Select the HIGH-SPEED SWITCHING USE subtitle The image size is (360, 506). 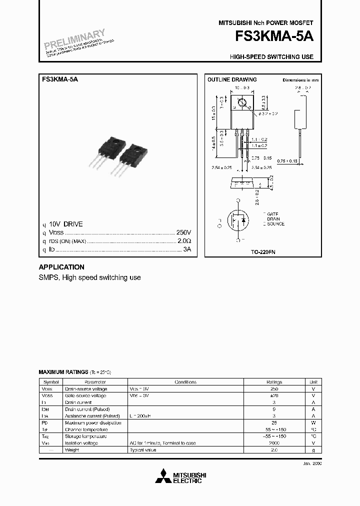click(271, 57)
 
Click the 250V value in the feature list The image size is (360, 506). click(183, 233)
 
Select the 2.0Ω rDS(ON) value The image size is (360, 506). click(184, 241)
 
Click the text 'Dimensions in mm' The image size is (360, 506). click(300, 80)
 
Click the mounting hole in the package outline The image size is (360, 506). click(241, 103)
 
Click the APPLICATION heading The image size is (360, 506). click(61, 267)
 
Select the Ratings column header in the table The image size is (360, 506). click(274, 382)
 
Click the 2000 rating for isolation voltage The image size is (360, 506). click(274, 443)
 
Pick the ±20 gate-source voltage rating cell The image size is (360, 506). click(274, 395)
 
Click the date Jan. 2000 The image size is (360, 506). click(311, 463)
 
